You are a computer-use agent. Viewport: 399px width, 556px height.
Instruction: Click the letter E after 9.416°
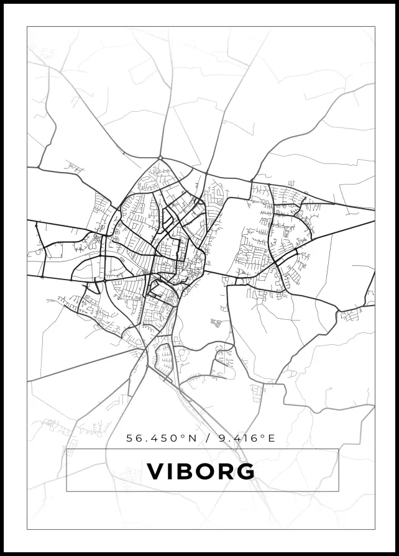[x=271, y=438]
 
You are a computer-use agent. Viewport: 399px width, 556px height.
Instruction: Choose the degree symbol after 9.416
[x=262, y=435]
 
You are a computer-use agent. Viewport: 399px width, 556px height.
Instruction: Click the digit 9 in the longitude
[x=222, y=438]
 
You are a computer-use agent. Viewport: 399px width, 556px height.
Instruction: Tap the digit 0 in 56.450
[x=174, y=438]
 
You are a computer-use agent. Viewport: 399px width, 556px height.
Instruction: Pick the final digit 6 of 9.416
[x=254, y=438]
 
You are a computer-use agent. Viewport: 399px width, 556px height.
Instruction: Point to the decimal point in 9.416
[x=228, y=441]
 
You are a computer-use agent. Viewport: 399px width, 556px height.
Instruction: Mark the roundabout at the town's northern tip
[x=160, y=158]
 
